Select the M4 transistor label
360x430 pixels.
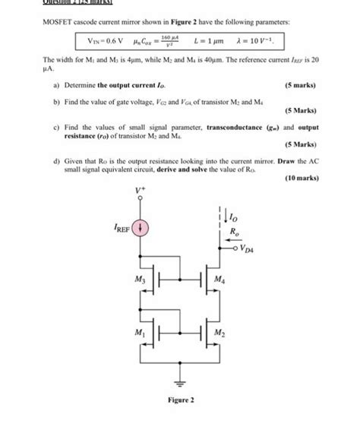(220, 280)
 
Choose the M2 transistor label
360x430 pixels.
(220, 332)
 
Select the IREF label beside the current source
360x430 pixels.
(122, 227)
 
